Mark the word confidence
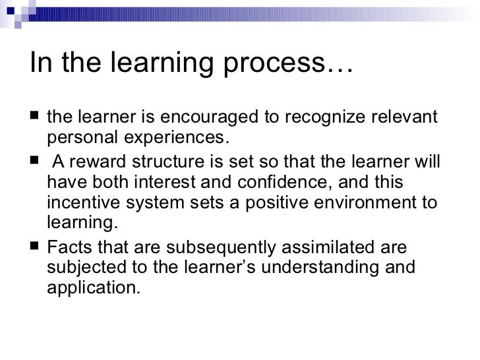289,182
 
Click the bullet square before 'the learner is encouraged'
34,117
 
